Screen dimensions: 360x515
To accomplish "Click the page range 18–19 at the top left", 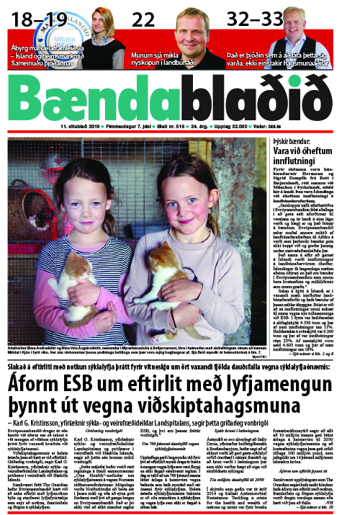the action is (x=31, y=18).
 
